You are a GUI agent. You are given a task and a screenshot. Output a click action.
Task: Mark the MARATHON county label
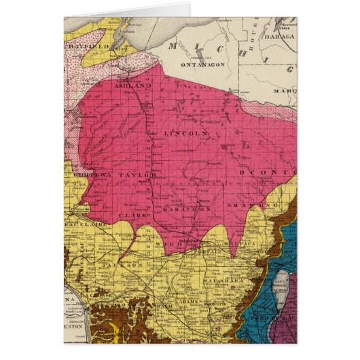(x=184, y=210)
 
